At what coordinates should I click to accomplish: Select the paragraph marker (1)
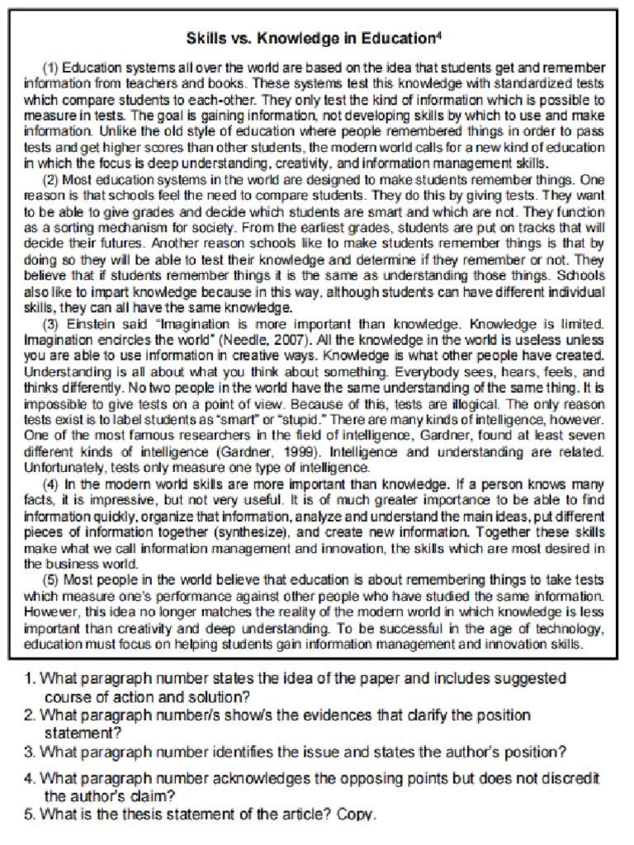tap(50, 67)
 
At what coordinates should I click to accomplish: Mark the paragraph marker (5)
tap(50, 579)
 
